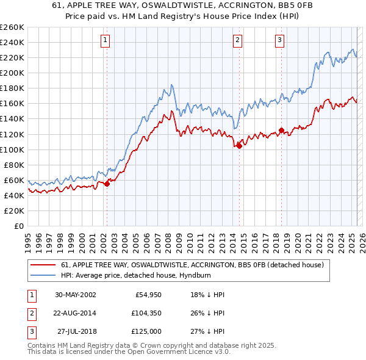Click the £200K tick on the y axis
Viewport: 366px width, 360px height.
(12, 73)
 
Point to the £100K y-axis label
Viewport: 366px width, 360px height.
(12, 149)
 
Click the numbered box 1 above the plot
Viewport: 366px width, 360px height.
(106, 40)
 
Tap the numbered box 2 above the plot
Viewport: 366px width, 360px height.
(237, 40)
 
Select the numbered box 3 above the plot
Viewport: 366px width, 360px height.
(280, 40)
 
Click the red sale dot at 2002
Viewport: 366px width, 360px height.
(107, 184)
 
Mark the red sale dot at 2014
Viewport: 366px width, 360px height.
(239, 146)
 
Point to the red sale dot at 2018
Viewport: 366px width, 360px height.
(281, 130)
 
